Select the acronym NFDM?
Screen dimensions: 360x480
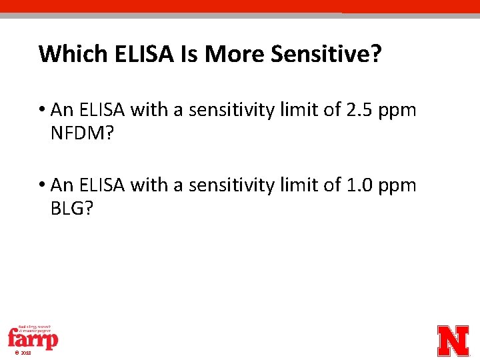point(82,134)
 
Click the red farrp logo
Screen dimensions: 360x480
point(33,338)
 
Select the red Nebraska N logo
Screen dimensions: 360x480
point(453,340)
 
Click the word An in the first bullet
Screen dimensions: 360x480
point(61,110)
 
